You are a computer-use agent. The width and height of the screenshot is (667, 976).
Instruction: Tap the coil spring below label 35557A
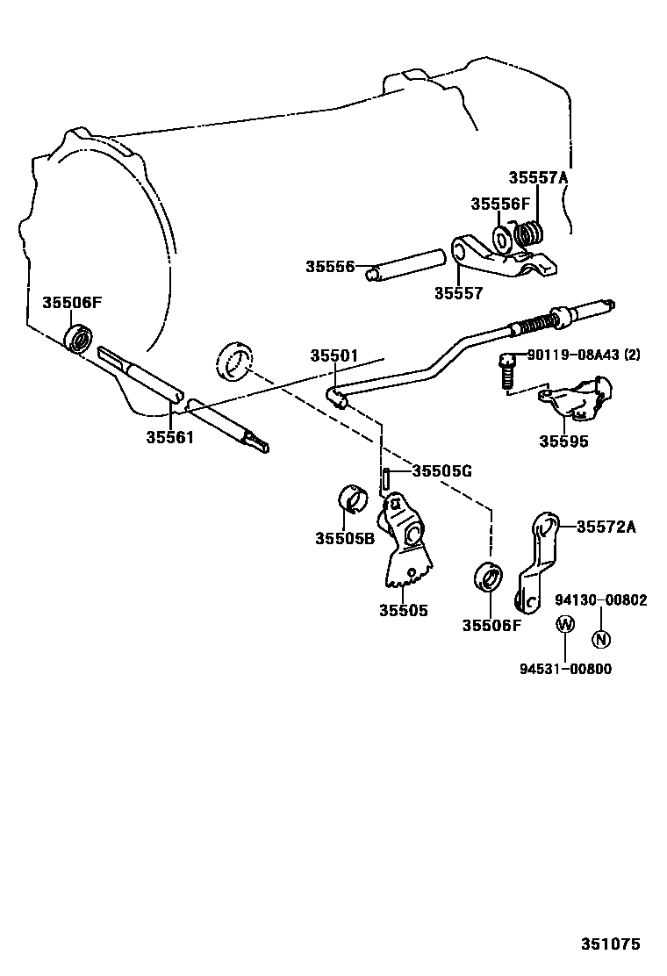click(x=529, y=236)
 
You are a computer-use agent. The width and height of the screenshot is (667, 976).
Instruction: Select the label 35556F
click(x=500, y=204)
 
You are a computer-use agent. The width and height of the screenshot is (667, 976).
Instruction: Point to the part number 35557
click(x=458, y=293)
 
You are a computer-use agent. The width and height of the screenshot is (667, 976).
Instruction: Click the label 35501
click(x=333, y=356)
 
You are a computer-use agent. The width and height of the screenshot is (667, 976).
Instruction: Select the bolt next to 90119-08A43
click(x=506, y=372)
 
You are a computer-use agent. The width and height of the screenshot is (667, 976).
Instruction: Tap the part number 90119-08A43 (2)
click(x=584, y=355)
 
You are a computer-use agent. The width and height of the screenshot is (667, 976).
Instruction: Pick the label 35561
click(x=169, y=435)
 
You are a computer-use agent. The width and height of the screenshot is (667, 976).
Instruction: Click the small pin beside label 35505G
click(x=385, y=480)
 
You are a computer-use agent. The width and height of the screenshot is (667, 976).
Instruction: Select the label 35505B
click(x=345, y=537)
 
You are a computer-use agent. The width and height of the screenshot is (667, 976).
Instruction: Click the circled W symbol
click(x=565, y=624)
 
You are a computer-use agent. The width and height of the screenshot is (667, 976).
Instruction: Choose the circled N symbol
click(x=600, y=639)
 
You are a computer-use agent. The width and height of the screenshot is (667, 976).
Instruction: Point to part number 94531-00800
click(x=565, y=669)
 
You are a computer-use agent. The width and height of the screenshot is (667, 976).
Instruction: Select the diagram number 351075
click(x=609, y=944)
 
